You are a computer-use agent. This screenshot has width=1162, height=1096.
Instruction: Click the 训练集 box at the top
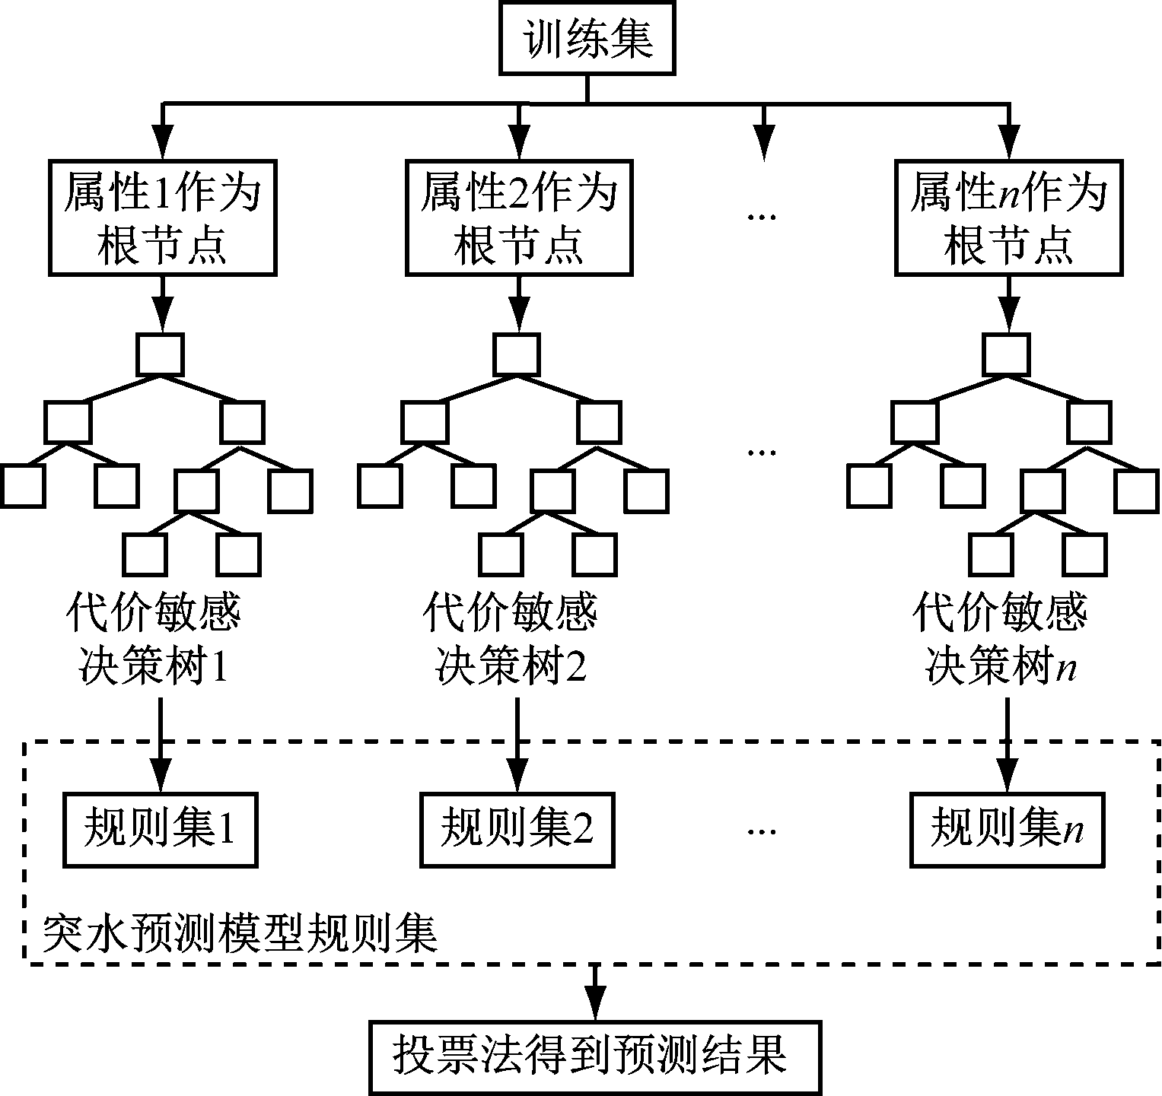pos(587,38)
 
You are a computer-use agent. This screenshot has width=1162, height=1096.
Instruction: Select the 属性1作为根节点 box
pos(161,218)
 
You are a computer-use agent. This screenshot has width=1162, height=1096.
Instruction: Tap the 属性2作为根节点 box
pos(519,218)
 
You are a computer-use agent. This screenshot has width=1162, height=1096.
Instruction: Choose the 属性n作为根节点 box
pos(1008,218)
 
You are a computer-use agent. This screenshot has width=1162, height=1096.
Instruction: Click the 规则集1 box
pos(160,829)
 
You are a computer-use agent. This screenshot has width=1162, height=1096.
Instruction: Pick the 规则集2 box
pos(517,829)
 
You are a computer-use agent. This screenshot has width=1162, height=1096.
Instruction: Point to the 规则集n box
pos(1008,829)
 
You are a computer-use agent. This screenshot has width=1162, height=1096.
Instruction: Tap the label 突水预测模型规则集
pos(240,933)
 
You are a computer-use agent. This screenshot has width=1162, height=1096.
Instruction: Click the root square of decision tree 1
pos(160,354)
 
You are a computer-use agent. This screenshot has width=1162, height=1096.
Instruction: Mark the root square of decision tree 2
pos(517,354)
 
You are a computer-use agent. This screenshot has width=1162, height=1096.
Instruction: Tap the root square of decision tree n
pos(1006,354)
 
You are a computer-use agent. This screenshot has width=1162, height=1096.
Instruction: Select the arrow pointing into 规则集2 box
pos(517,745)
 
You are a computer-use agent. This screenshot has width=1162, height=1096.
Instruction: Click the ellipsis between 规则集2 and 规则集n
pos(761,831)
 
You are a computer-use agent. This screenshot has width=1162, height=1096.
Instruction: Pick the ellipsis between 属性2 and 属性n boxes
pos(761,218)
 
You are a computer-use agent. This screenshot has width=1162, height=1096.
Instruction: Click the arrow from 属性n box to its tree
pos(1008,303)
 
